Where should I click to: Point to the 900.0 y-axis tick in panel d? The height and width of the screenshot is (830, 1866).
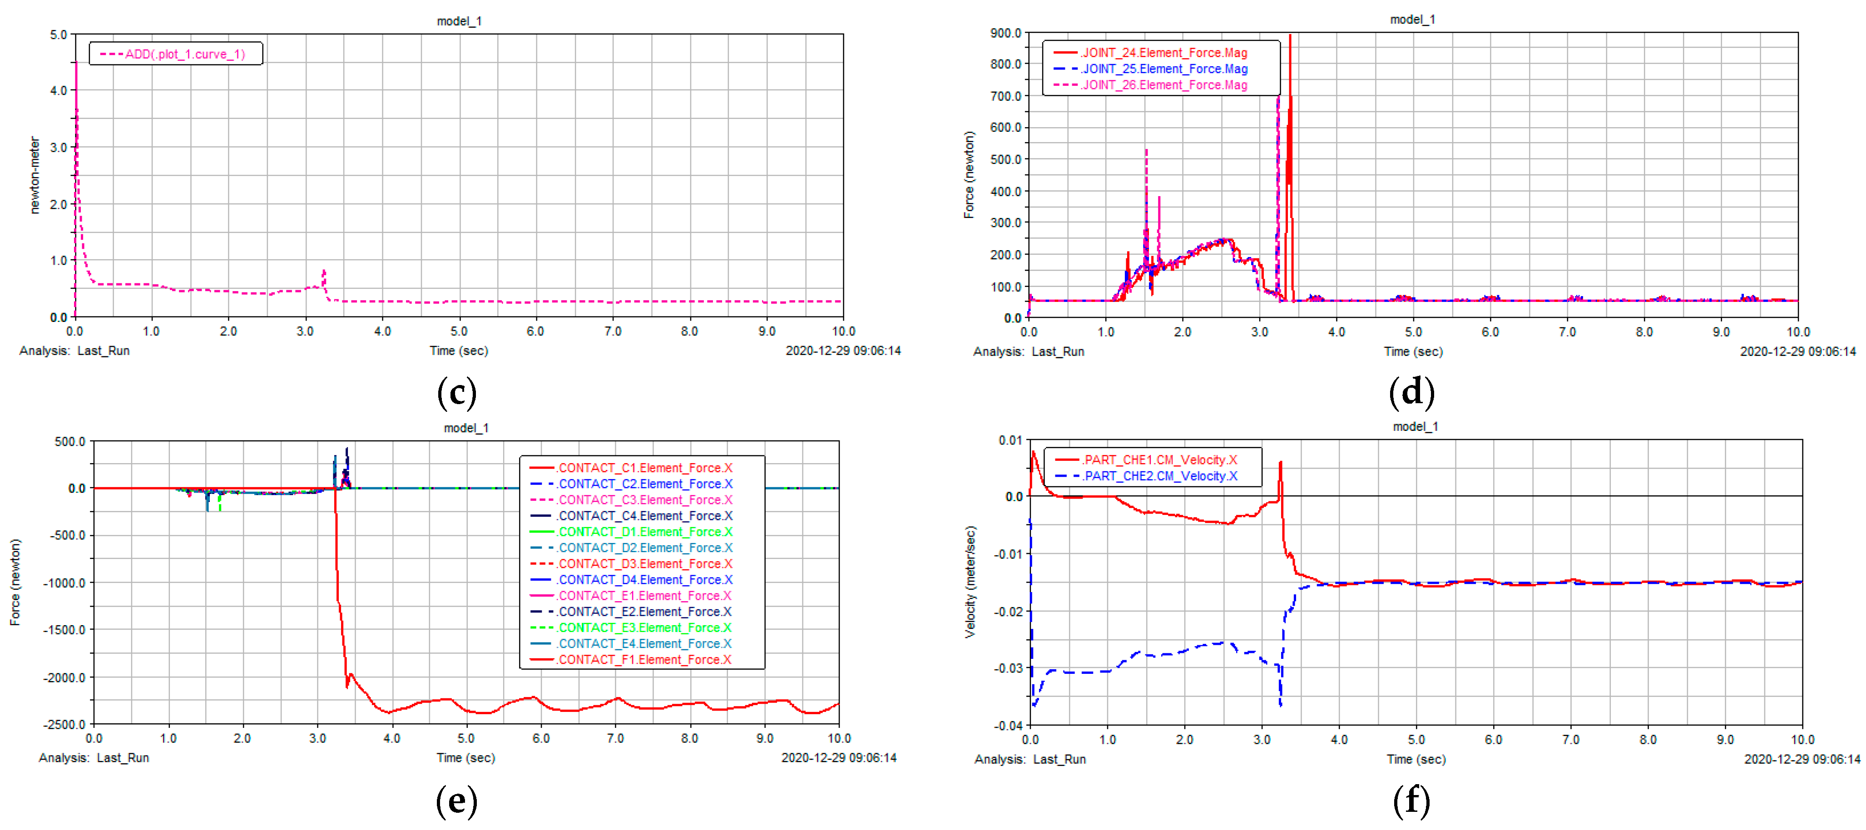pos(1005,33)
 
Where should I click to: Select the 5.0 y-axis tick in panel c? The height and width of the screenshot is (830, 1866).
pos(59,35)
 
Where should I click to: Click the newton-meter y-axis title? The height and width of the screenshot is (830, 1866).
pos(34,175)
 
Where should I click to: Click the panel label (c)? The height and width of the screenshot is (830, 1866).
pos(456,393)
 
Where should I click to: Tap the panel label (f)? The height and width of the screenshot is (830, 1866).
pos(1411,800)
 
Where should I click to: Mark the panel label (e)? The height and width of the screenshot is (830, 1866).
pos(456,800)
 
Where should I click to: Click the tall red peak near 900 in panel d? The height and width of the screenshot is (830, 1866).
pos(1289,36)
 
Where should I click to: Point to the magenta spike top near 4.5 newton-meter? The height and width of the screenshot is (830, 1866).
pos(76,63)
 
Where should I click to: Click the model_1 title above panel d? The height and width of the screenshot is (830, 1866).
pos(1412,20)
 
